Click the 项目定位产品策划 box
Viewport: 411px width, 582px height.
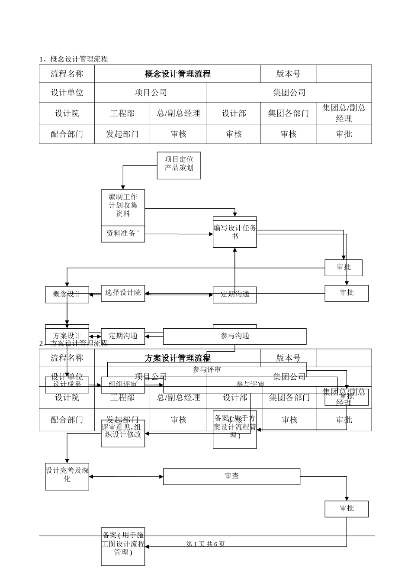coord(179,165)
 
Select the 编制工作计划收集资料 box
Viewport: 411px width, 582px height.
coord(123,207)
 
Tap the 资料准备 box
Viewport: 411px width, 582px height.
coord(123,234)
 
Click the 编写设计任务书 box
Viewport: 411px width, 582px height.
coord(234,233)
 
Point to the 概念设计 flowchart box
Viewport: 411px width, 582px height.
coord(67,294)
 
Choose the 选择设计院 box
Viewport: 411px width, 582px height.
coord(123,293)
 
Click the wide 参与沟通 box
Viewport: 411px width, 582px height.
coord(234,336)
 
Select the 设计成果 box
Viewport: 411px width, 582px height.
coord(67,385)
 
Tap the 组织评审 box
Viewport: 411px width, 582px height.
coord(123,385)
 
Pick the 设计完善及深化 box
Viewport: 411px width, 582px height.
coord(67,476)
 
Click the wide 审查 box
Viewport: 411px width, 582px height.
coord(231,476)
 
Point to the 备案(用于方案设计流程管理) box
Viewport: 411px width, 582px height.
coord(234,430)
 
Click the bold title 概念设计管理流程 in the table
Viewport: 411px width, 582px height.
coord(177,74)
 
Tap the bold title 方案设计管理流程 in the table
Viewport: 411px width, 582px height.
coord(177,358)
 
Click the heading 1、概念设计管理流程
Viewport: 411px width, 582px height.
coord(74,59)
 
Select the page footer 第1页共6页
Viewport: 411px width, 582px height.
coord(205,544)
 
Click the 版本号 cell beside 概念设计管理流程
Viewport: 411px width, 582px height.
coord(288,74)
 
